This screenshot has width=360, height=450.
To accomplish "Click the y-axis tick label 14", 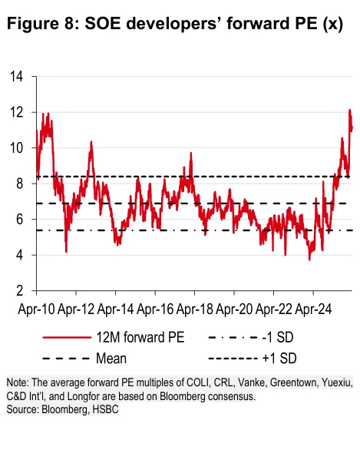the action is (16, 76).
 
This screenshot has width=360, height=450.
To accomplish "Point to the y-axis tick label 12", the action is (16, 112).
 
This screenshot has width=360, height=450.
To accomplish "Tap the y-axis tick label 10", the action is (16, 147).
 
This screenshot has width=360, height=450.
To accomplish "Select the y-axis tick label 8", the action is (19, 184).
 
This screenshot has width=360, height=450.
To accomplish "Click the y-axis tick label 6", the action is (19, 220).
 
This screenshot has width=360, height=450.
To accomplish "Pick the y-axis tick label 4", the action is (19, 255).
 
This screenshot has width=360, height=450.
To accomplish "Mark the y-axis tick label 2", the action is (19, 291).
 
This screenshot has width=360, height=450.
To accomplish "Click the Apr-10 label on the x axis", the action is (36, 309).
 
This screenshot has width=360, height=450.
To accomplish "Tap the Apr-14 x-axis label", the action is (115, 309).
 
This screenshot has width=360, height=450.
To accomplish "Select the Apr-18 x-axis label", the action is (194, 309).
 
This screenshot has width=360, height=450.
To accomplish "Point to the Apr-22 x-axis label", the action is (274, 309).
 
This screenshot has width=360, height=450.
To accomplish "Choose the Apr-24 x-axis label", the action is (313, 309).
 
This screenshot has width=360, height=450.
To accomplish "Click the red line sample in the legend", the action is (67, 337).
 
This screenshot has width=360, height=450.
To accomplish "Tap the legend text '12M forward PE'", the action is (140, 337).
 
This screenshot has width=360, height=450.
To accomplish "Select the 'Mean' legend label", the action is (111, 359).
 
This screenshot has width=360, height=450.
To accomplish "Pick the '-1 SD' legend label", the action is (278, 337).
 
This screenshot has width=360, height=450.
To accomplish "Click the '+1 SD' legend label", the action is (279, 359).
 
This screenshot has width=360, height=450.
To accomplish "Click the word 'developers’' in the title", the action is (173, 24).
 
